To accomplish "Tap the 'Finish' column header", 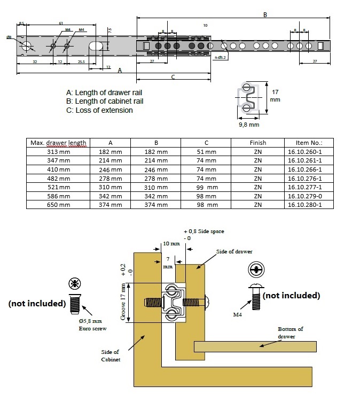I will pyautogui.click(x=257, y=143).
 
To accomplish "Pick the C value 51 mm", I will pyautogui.click(x=206, y=152).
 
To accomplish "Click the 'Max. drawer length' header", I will pyautogui.click(x=59, y=143).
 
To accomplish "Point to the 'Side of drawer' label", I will pyautogui.click(x=234, y=251).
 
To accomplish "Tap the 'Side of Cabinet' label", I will pyautogui.click(x=111, y=356).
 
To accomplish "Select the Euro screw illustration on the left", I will pyautogui.click(x=74, y=299).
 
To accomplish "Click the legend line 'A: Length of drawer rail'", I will pyautogui.click(x=104, y=92).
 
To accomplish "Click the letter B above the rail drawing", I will pyautogui.click(x=265, y=15).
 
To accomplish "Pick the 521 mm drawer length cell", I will pyautogui.click(x=58, y=187).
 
